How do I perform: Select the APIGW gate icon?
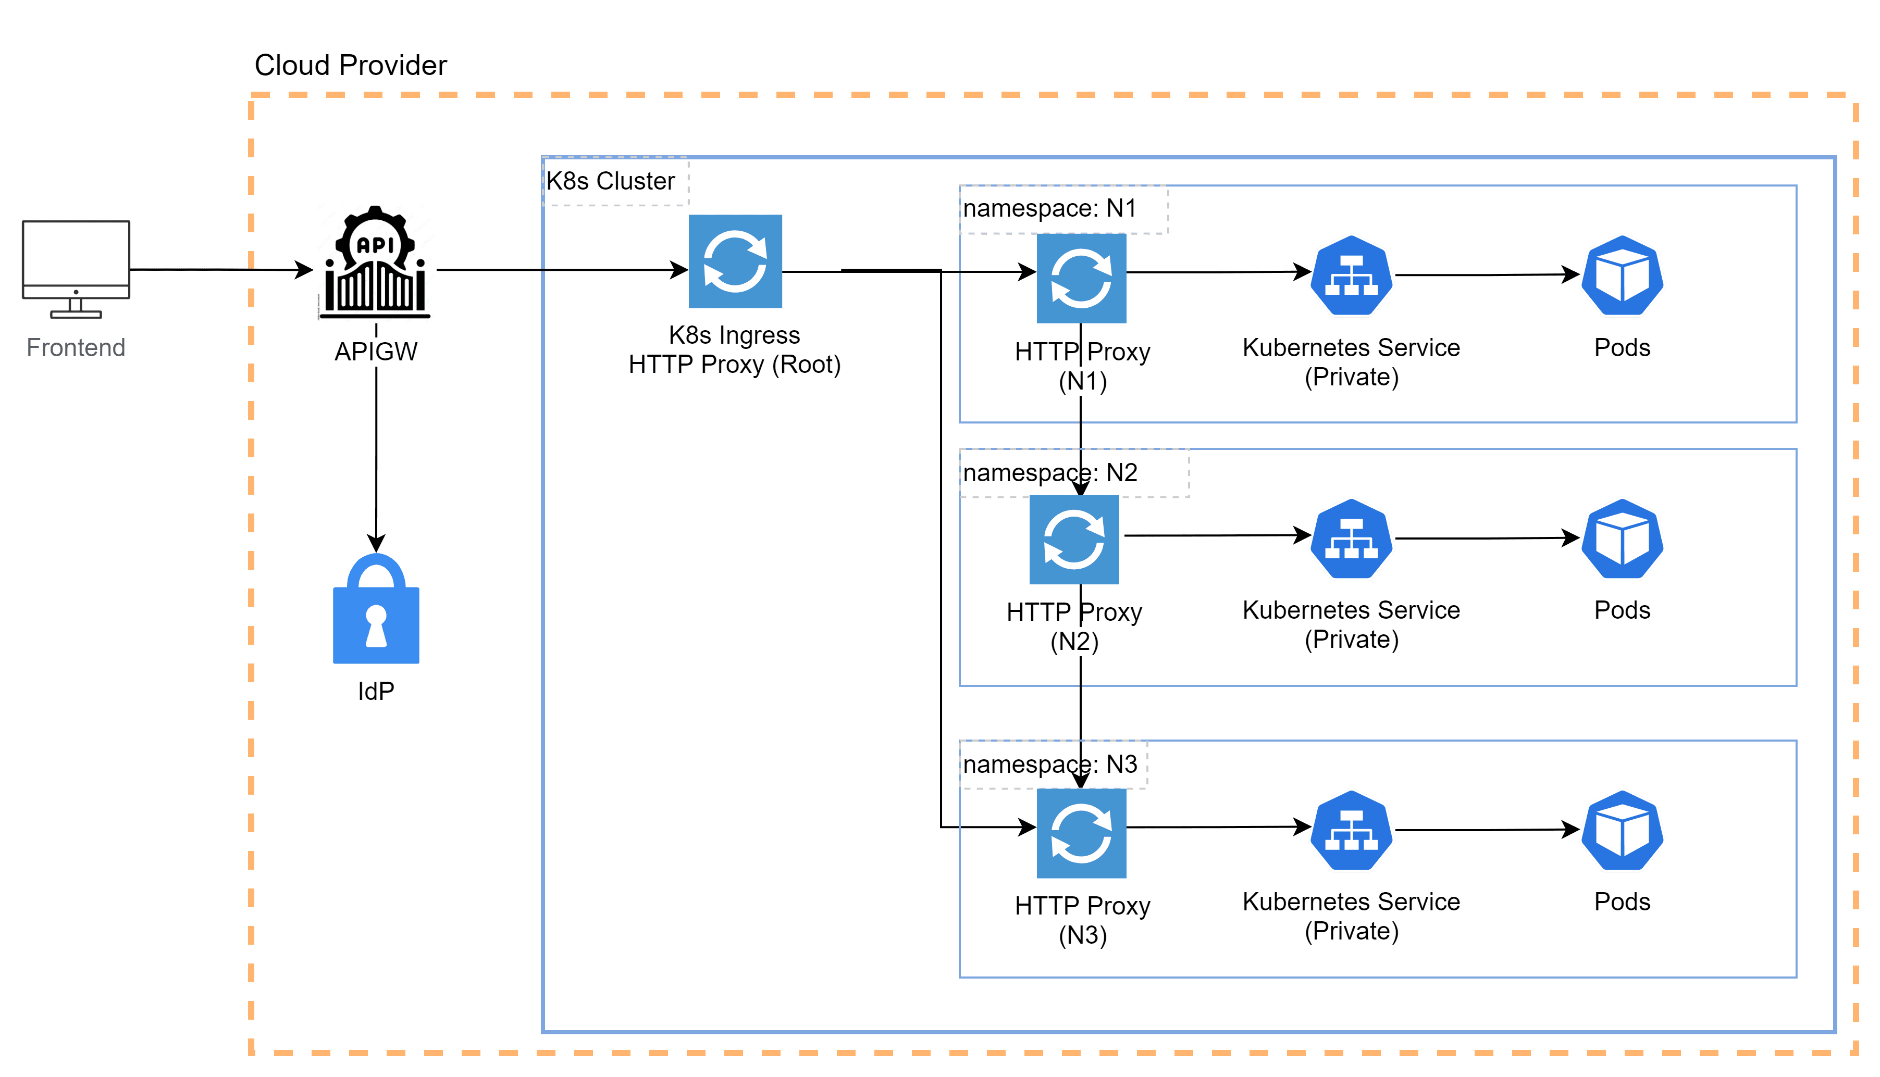(375, 262)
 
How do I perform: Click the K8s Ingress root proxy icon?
(735, 261)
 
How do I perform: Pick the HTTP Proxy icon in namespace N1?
(1081, 278)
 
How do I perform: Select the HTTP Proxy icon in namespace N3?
(1081, 833)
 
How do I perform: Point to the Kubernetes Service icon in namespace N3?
(1351, 830)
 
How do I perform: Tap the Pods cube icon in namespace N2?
(1622, 538)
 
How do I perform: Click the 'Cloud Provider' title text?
(351, 65)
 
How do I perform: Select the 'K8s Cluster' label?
(610, 181)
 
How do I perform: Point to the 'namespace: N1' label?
(1049, 209)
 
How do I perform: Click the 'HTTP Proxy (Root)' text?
(735, 365)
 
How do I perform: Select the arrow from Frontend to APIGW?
(222, 269)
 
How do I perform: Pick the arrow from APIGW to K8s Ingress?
(562, 270)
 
